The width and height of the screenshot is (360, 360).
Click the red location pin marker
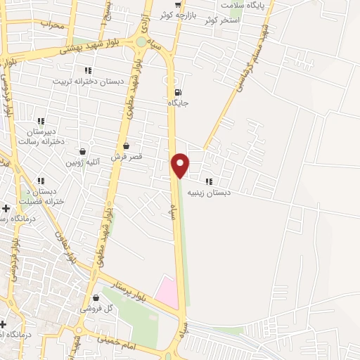(181, 164)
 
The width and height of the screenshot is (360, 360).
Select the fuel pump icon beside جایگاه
(176, 91)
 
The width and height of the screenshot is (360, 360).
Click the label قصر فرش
(127, 157)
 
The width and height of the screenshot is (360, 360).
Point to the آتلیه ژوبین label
(84, 162)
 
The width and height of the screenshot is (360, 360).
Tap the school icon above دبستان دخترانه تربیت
(88, 70)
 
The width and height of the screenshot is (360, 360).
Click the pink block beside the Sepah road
(167, 291)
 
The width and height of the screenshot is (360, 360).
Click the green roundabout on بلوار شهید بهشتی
(141, 41)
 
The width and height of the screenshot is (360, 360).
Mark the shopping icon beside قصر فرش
(126, 146)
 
